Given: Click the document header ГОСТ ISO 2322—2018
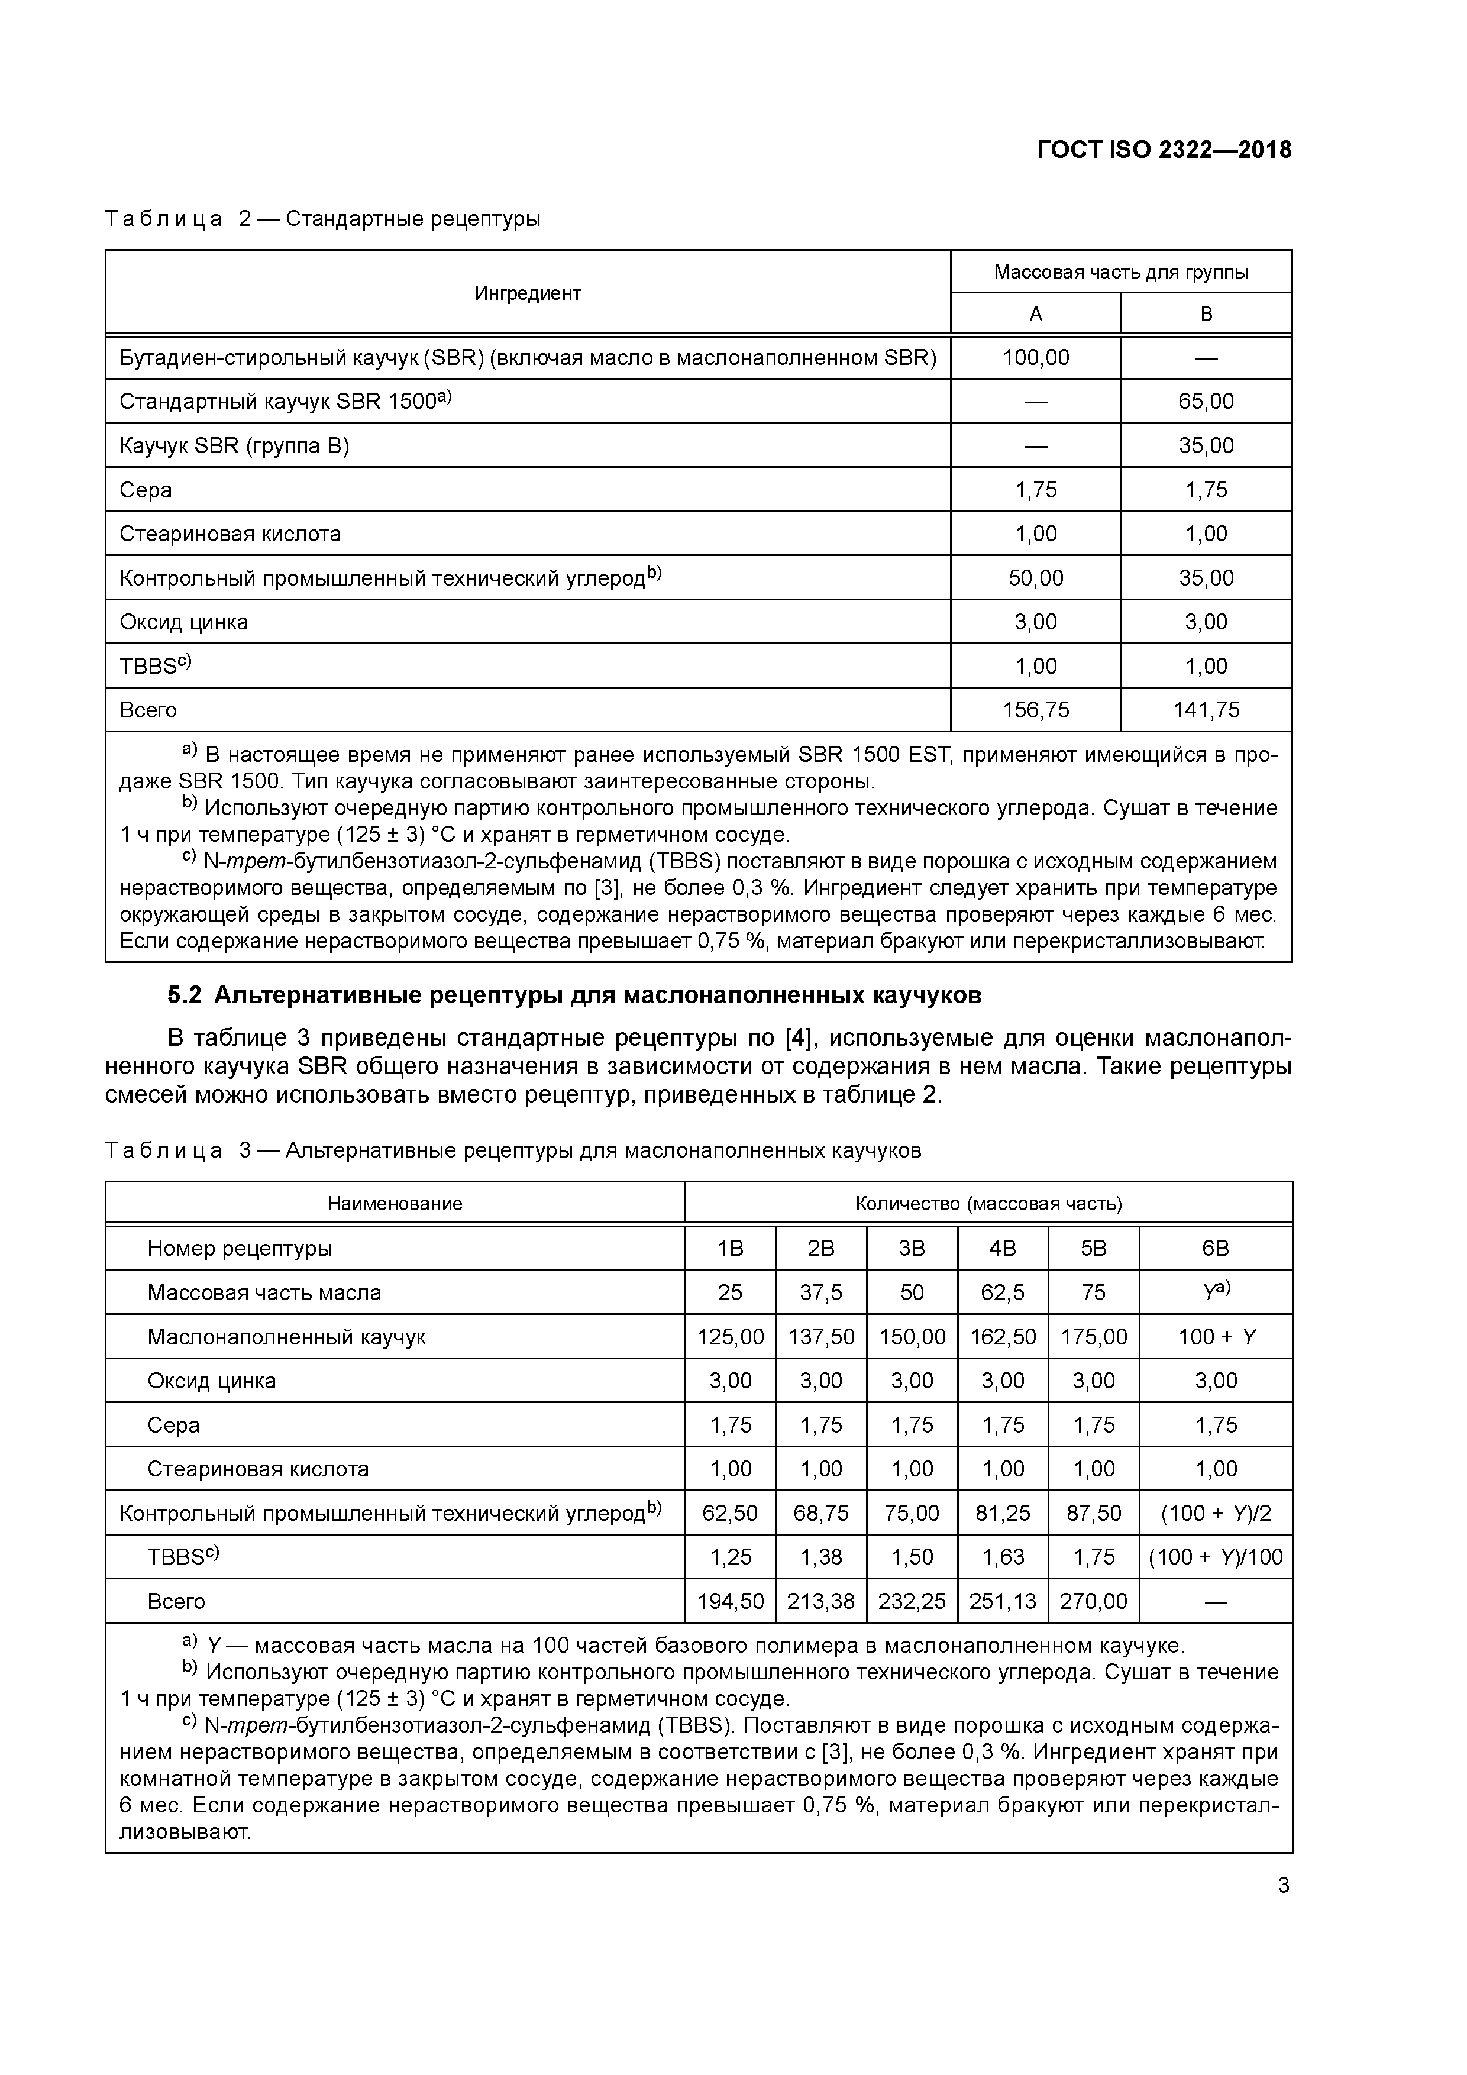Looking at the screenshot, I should point(1164,150).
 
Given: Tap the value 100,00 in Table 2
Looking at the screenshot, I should point(1036,358).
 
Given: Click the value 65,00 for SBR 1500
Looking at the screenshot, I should point(1206,401).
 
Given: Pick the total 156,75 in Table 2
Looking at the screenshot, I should point(1036,710).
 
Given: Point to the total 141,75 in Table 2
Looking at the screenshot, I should point(1206,710).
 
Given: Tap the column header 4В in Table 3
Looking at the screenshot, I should point(1003,1248).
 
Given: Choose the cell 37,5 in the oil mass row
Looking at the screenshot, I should point(820,1292).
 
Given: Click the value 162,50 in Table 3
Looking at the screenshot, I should point(1003,1337).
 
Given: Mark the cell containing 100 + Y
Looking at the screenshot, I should point(1216,1337).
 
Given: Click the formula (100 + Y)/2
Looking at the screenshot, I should point(1216,1513).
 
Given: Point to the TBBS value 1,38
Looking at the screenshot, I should point(820,1557).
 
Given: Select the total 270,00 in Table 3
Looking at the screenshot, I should point(1094,1601).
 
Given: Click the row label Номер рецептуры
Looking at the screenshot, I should point(240,1248).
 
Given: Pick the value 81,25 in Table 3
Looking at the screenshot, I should point(1003,1513).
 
